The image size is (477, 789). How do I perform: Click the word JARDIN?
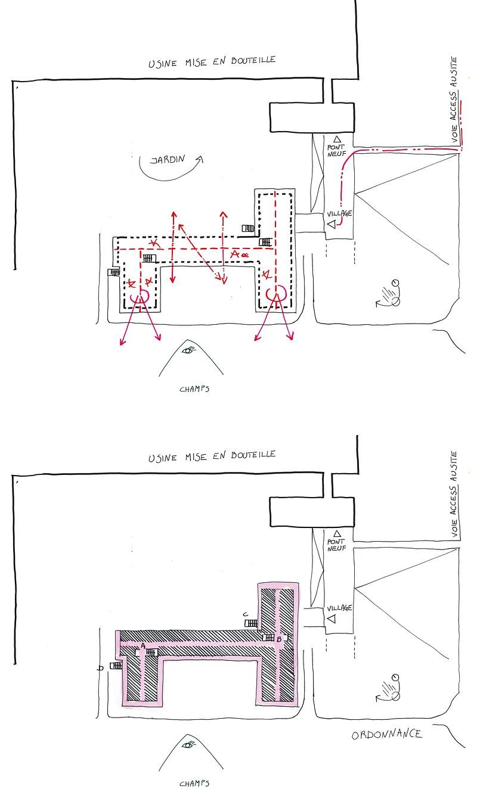168,160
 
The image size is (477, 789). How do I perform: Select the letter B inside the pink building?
278,639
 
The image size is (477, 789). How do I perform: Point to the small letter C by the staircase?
246,614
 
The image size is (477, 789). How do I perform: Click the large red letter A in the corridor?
235,254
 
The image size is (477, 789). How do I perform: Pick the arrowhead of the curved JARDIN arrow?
200,159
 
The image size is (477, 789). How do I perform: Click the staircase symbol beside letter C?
251,623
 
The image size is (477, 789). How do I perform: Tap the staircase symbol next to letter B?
269,638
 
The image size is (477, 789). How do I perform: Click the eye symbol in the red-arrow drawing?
189,350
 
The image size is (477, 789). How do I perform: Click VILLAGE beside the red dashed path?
339,213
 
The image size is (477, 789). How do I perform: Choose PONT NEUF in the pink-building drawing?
337,545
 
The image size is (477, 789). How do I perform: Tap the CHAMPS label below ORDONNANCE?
194,784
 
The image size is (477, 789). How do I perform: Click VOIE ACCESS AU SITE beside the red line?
454,100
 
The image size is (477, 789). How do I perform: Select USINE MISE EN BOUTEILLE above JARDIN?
212,61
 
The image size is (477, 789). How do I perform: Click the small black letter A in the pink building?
143,645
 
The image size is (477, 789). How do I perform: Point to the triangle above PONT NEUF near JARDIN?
337,139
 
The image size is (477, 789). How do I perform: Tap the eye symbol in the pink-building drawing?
189,745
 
